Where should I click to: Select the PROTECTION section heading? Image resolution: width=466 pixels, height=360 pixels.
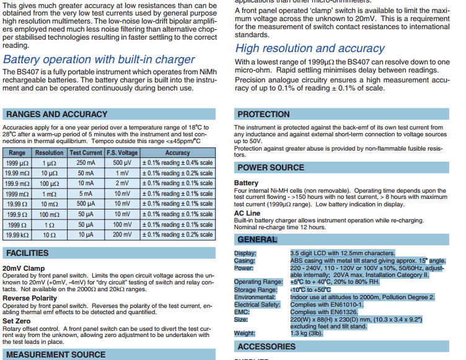click(x=263, y=114)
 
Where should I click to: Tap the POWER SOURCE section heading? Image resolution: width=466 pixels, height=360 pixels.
click(x=271, y=167)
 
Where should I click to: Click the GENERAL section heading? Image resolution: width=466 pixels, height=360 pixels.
click(x=257, y=240)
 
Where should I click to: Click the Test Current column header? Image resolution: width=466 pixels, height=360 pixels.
click(x=86, y=152)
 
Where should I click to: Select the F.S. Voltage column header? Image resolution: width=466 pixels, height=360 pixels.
click(x=122, y=152)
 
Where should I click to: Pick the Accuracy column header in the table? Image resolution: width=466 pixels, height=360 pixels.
click(x=177, y=152)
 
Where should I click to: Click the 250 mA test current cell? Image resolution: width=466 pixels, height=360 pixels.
click(x=86, y=163)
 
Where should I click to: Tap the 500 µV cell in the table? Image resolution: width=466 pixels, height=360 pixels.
click(x=122, y=163)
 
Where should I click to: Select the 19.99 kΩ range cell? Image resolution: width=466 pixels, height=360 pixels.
click(x=17, y=235)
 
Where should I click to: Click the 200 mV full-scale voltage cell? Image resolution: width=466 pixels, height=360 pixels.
click(x=122, y=235)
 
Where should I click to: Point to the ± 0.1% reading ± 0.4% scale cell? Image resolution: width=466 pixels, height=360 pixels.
click(x=177, y=163)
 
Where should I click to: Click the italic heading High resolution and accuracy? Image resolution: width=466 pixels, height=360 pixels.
click(x=310, y=48)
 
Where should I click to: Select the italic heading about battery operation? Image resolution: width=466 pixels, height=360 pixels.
click(x=99, y=59)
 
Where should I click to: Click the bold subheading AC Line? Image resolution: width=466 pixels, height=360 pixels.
click(x=247, y=213)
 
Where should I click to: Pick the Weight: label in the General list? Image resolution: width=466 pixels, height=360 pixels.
click(x=244, y=333)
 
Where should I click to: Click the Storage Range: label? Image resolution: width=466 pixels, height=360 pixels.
click(x=255, y=289)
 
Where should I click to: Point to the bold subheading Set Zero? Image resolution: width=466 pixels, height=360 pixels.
click(x=17, y=322)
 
